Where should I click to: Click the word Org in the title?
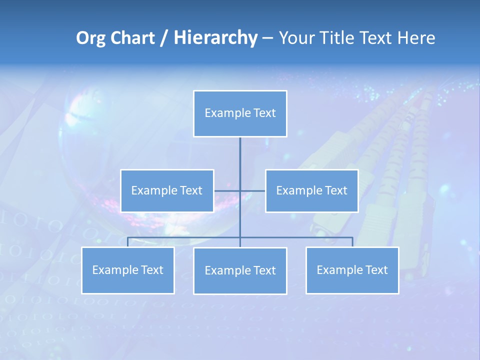point(90,38)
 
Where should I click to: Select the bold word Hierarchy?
point(215,38)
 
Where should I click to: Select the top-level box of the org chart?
point(240,113)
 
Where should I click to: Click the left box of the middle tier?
point(167,190)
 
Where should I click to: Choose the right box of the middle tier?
point(311,190)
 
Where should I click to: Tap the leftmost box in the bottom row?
point(127,270)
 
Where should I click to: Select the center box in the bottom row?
point(240,271)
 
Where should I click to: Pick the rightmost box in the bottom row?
point(352,270)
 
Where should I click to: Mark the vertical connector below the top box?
point(240,160)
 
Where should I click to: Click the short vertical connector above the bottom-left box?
point(127,242)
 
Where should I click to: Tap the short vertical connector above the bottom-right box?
point(352,242)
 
